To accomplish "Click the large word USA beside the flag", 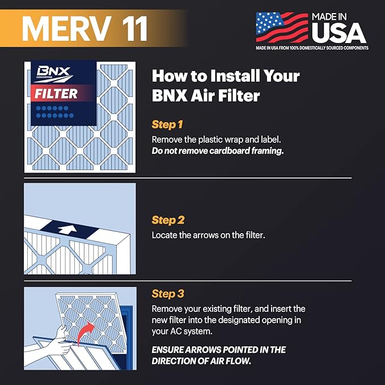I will pyautogui.click(x=339, y=32).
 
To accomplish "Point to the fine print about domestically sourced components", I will pyautogui.click(x=311, y=48).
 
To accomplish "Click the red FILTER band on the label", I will pyautogui.click(x=57, y=94).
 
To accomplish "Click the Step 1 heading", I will pyautogui.click(x=168, y=124).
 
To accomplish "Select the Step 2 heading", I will pyautogui.click(x=168, y=220).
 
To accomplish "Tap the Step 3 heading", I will pyautogui.click(x=168, y=294).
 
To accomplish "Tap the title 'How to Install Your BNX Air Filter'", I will pyautogui.click(x=226, y=85).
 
